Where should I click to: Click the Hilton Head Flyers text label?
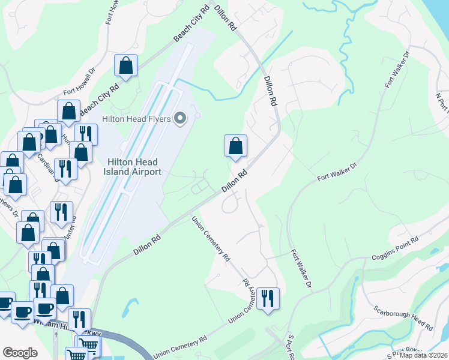coord(137,118)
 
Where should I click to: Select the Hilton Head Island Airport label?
coord(134,167)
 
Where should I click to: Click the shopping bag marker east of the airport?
coord(236,146)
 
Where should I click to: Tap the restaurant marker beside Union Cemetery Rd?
coord(268,298)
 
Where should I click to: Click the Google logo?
coord(20,353)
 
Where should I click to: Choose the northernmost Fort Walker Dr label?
coord(397,71)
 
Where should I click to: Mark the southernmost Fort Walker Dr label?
coord(301,271)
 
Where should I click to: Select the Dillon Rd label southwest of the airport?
coord(147,245)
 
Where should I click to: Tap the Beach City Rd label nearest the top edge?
coord(191,25)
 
